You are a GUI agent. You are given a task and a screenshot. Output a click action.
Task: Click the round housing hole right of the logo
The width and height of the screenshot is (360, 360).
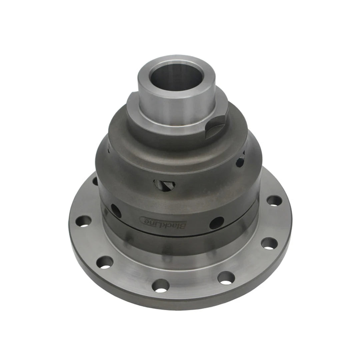pos(216,223)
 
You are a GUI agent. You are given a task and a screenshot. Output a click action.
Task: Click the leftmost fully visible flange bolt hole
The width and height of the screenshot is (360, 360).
pos(83,221)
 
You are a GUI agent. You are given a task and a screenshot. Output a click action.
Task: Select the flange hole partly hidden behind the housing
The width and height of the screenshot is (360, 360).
pos(95,181)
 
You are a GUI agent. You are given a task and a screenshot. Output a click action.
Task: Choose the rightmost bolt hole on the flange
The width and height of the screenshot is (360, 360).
pos(274,201)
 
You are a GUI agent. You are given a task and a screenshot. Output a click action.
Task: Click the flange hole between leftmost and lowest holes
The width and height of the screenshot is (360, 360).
pos(105,262)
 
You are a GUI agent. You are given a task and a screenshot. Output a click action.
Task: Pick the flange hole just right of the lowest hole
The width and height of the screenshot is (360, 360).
pos(226,278)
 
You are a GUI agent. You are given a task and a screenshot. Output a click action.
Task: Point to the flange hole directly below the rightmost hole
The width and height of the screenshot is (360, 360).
pos(269,243)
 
